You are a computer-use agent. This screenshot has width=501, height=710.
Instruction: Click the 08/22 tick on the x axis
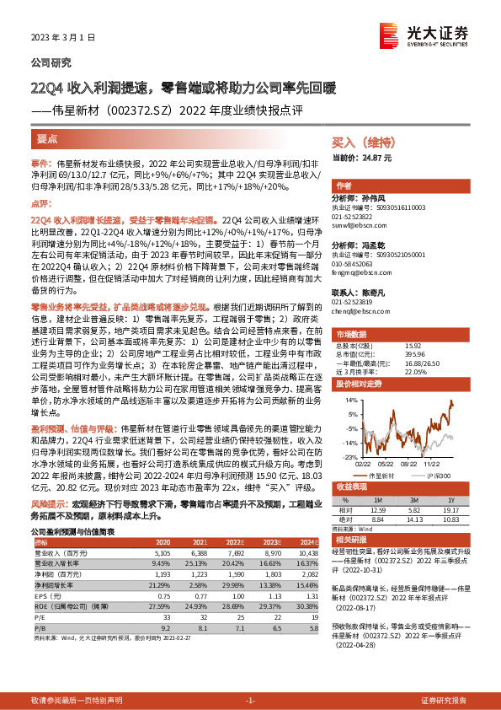pyautogui.click(x=409, y=463)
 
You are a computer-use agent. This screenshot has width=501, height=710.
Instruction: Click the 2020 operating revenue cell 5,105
pyautogui.click(x=164, y=551)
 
